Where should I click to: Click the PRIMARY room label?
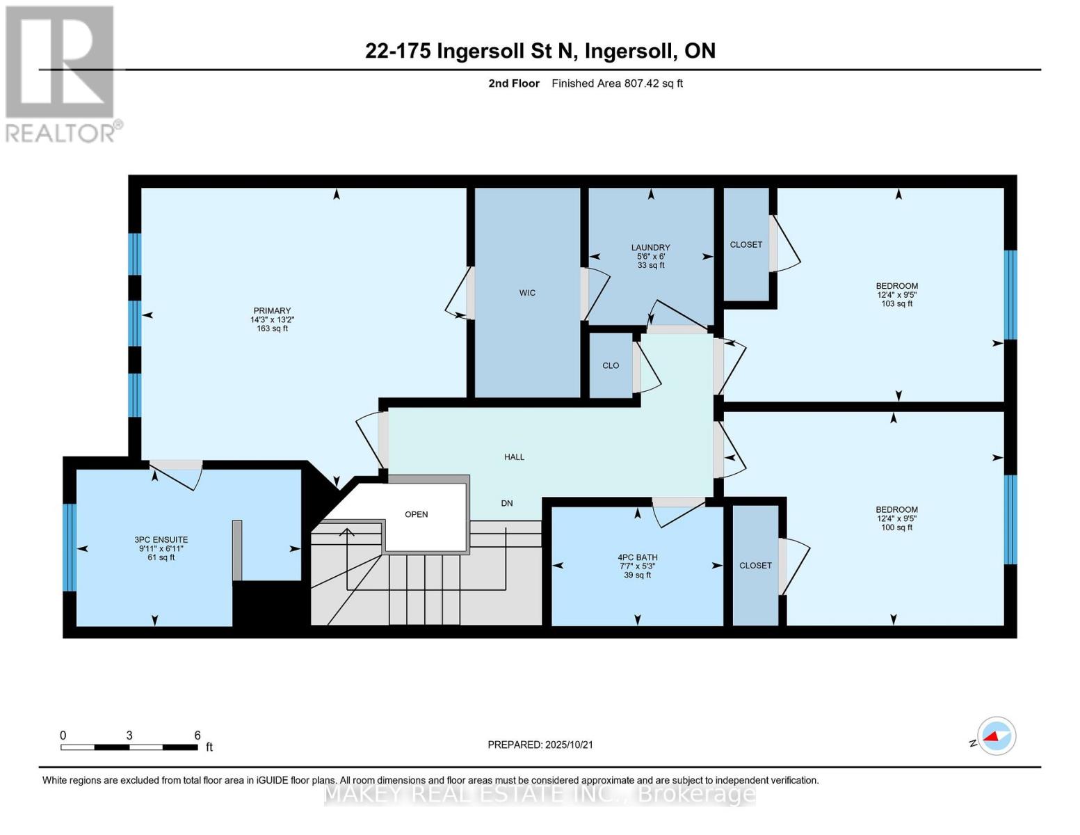(x=271, y=310)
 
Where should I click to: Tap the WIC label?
(x=527, y=293)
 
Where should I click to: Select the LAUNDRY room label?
(x=651, y=247)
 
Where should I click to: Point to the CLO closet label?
(x=611, y=365)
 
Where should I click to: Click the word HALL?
(x=515, y=457)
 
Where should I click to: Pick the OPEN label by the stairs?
(x=417, y=514)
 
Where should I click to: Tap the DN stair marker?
(x=507, y=503)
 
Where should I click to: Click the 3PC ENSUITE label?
(x=161, y=539)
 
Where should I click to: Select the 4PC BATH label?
(x=638, y=557)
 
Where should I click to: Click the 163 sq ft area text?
(x=273, y=328)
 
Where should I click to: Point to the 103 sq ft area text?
(x=897, y=304)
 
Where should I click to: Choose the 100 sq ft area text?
(x=897, y=527)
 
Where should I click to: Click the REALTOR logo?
(x=61, y=74)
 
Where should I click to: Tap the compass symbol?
(x=997, y=736)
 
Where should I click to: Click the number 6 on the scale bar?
(x=198, y=735)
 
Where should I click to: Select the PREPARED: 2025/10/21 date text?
(x=540, y=745)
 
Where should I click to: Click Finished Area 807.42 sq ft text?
(x=618, y=83)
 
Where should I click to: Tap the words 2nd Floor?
(x=514, y=83)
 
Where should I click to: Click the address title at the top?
(x=540, y=51)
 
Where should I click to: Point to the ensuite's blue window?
(x=70, y=548)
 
